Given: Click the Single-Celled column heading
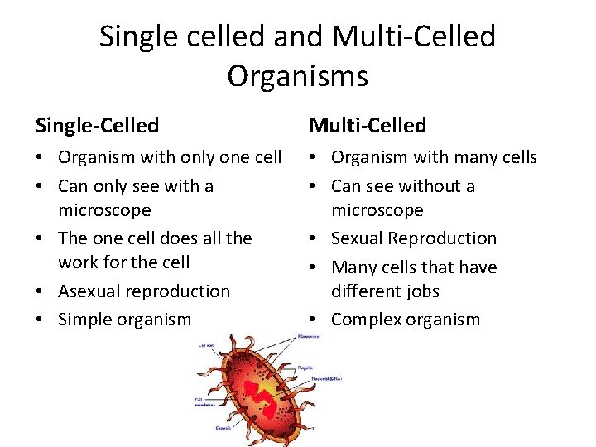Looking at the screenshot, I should click(97, 126).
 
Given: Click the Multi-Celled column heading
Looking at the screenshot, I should click(368, 126).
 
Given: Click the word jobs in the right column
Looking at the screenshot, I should click(422, 291).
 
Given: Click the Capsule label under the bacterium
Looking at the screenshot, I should click(222, 428).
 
